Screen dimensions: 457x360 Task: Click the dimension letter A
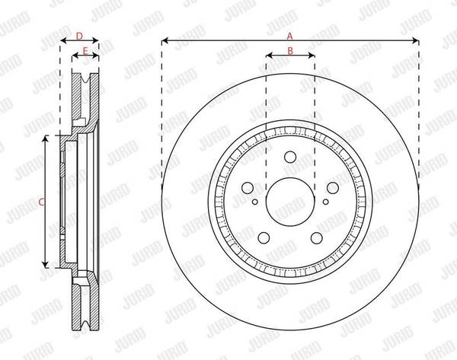[289, 36]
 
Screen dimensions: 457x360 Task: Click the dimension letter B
[290, 51]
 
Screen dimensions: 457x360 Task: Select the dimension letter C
[42, 202]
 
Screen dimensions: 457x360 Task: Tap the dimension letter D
[79, 36]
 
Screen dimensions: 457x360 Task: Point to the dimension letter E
[85, 51]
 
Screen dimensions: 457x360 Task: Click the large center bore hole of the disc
[290, 202]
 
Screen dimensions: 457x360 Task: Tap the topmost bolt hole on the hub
[290, 157]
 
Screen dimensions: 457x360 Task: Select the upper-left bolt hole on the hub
[248, 188]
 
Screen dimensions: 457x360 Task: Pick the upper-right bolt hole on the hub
[333, 188]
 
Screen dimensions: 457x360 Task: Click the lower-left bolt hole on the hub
[264, 238]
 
